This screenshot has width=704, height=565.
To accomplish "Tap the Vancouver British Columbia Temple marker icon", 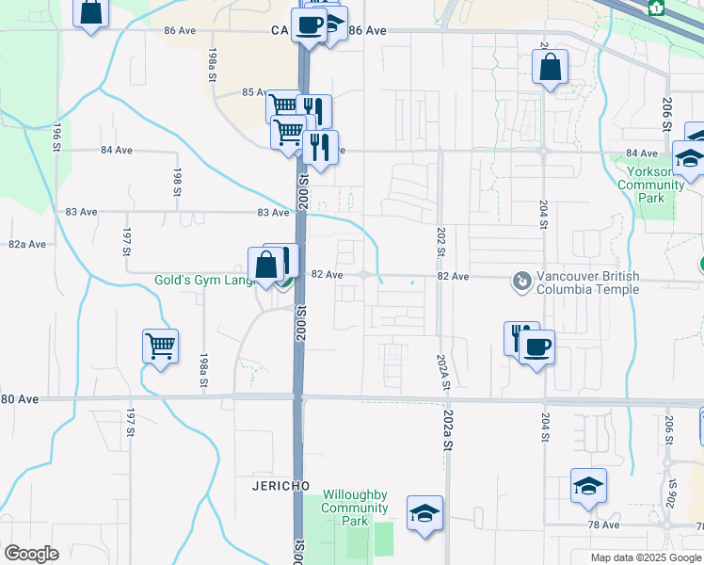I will point(520,281).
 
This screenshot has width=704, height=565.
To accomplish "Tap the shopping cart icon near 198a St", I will point(161,346).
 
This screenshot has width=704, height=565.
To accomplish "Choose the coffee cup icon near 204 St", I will point(536,347).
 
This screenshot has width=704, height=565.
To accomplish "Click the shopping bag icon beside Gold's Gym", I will point(266,265).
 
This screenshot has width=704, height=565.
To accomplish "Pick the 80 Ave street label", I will point(20,399).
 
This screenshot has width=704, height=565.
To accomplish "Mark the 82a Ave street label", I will point(27,244).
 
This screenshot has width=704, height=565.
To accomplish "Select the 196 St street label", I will point(57,133).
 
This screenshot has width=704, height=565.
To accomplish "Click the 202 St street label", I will point(440,239).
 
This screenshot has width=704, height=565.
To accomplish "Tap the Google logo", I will point(31,554).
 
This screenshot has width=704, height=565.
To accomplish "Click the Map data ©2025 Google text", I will point(646,557).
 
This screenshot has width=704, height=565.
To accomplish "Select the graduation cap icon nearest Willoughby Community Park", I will point(425,513).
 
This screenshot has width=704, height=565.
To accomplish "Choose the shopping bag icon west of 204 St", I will point(550,67).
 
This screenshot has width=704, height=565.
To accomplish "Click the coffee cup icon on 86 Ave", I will point(309,25).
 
